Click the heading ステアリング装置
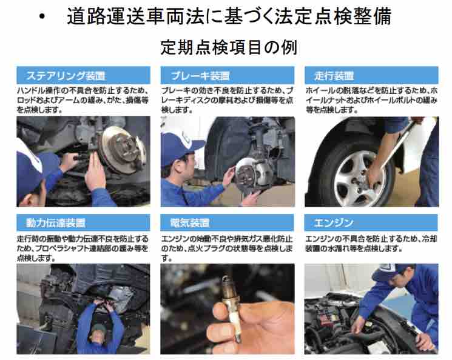click(66, 76)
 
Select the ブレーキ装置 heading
click(200, 76)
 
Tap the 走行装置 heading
click(334, 76)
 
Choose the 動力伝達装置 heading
click(56, 223)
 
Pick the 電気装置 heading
click(189, 223)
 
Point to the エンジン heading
click(334, 222)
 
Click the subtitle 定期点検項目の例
click(229, 47)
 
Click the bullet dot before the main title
click(42, 16)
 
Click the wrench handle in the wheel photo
click(399, 144)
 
